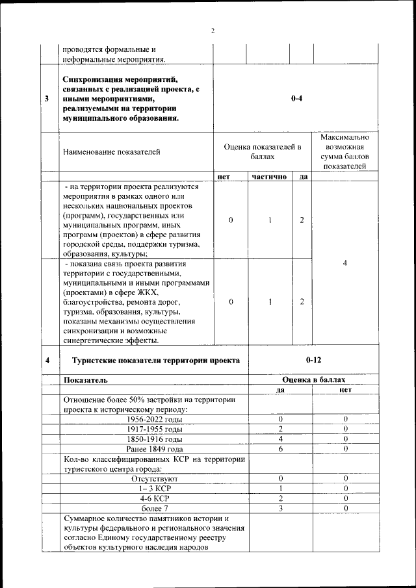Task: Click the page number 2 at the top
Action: click(212, 31)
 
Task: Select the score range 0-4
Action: click(295, 99)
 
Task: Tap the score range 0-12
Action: click(314, 359)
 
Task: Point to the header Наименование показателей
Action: click(111, 152)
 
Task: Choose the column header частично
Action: click(269, 176)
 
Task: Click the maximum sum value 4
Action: click(344, 262)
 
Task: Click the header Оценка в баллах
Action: click(313, 379)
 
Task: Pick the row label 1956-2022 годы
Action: click(155, 419)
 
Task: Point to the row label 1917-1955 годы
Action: click(155, 429)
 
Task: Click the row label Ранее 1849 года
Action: click(155, 449)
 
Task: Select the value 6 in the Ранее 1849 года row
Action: click(280, 449)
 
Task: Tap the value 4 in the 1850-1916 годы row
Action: click(280, 439)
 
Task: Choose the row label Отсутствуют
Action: click(155, 478)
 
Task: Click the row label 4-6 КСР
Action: click(155, 498)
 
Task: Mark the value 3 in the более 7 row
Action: click(280, 507)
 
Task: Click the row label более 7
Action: click(155, 507)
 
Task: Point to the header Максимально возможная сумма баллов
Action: click(344, 152)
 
